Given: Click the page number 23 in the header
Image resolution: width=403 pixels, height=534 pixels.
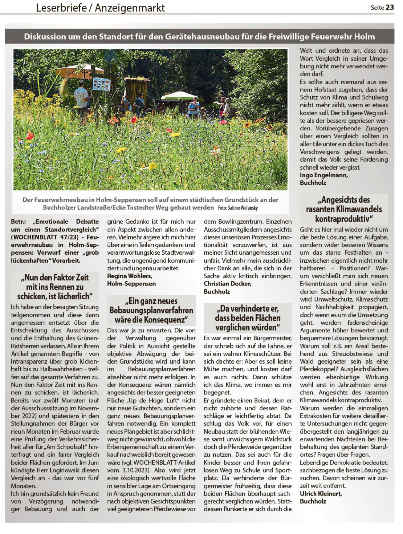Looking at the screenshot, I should (x=390, y=7).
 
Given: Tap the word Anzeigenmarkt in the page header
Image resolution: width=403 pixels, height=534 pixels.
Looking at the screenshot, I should (x=130, y=8).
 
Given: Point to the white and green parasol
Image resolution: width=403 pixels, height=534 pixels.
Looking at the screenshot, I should (x=179, y=96).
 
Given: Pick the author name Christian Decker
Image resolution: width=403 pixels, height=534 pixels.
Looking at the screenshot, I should (x=227, y=284).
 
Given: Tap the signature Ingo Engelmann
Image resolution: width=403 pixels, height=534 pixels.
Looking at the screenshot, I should (x=323, y=175).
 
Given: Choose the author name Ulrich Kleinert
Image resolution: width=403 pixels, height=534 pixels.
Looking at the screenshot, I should (x=321, y=493).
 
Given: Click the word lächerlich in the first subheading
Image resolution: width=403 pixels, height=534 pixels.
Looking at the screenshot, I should (x=73, y=296).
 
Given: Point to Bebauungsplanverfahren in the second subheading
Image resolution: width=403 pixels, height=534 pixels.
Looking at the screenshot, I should (x=151, y=311).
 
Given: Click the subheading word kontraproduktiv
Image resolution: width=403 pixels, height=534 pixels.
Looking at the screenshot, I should (x=343, y=219).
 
